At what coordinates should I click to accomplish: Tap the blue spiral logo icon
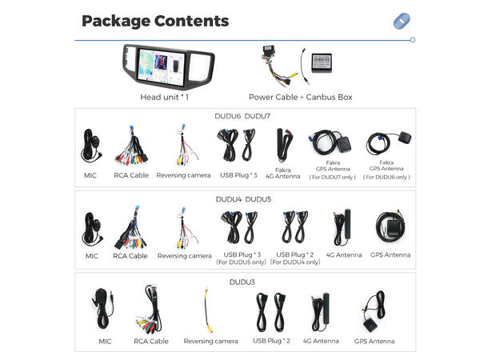402,22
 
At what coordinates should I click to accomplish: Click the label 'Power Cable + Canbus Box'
300,97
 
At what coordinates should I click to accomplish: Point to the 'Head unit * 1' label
165,97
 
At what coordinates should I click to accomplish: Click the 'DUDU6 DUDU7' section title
244,117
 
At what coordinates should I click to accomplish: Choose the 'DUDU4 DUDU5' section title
244,198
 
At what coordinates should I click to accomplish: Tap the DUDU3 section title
244,282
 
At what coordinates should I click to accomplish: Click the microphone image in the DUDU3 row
104,308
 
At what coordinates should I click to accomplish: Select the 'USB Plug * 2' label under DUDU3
272,341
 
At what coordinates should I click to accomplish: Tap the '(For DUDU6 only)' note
386,177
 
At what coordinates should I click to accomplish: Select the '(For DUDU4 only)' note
295,262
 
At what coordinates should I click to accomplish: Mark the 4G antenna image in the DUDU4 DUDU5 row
344,227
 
